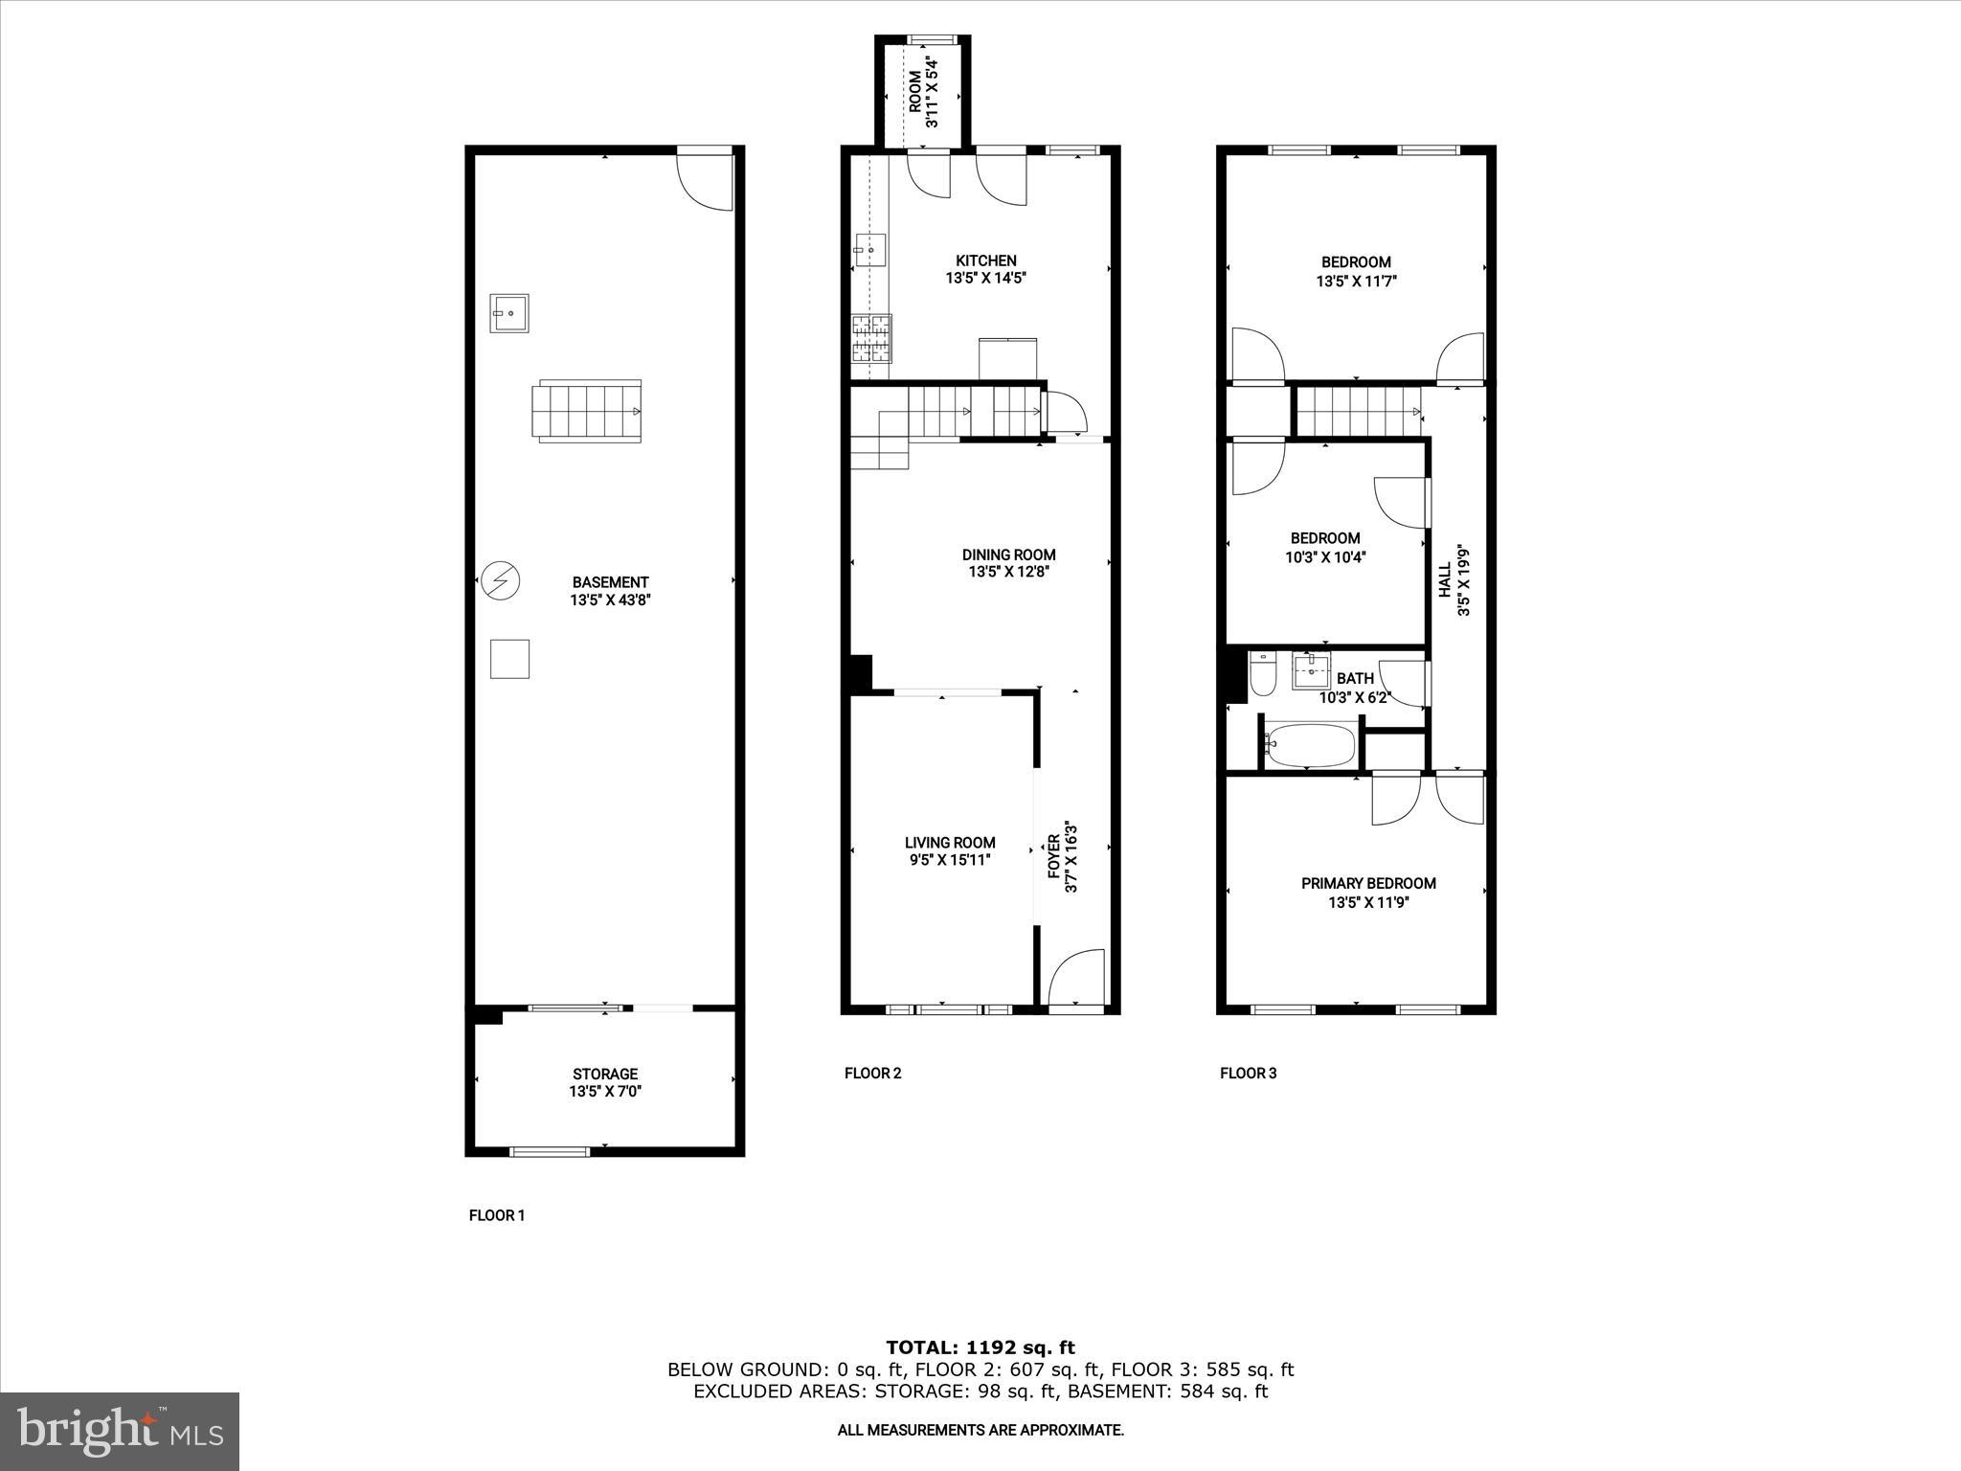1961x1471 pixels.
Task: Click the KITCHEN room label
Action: point(985,260)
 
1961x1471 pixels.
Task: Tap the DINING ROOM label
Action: point(1008,554)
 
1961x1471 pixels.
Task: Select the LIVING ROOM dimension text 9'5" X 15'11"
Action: point(950,860)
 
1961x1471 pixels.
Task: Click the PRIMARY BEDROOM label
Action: point(1368,883)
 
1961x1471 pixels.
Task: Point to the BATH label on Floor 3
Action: point(1355,679)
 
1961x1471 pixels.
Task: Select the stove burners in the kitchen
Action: point(870,339)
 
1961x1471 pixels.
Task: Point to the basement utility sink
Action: point(509,313)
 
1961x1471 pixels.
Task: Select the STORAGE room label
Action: point(604,1074)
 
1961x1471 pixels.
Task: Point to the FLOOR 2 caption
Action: point(872,1073)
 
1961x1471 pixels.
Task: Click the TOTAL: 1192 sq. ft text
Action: point(980,1347)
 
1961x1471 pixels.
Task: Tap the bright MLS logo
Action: point(120,1431)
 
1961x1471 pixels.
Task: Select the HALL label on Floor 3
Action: point(1444,580)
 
